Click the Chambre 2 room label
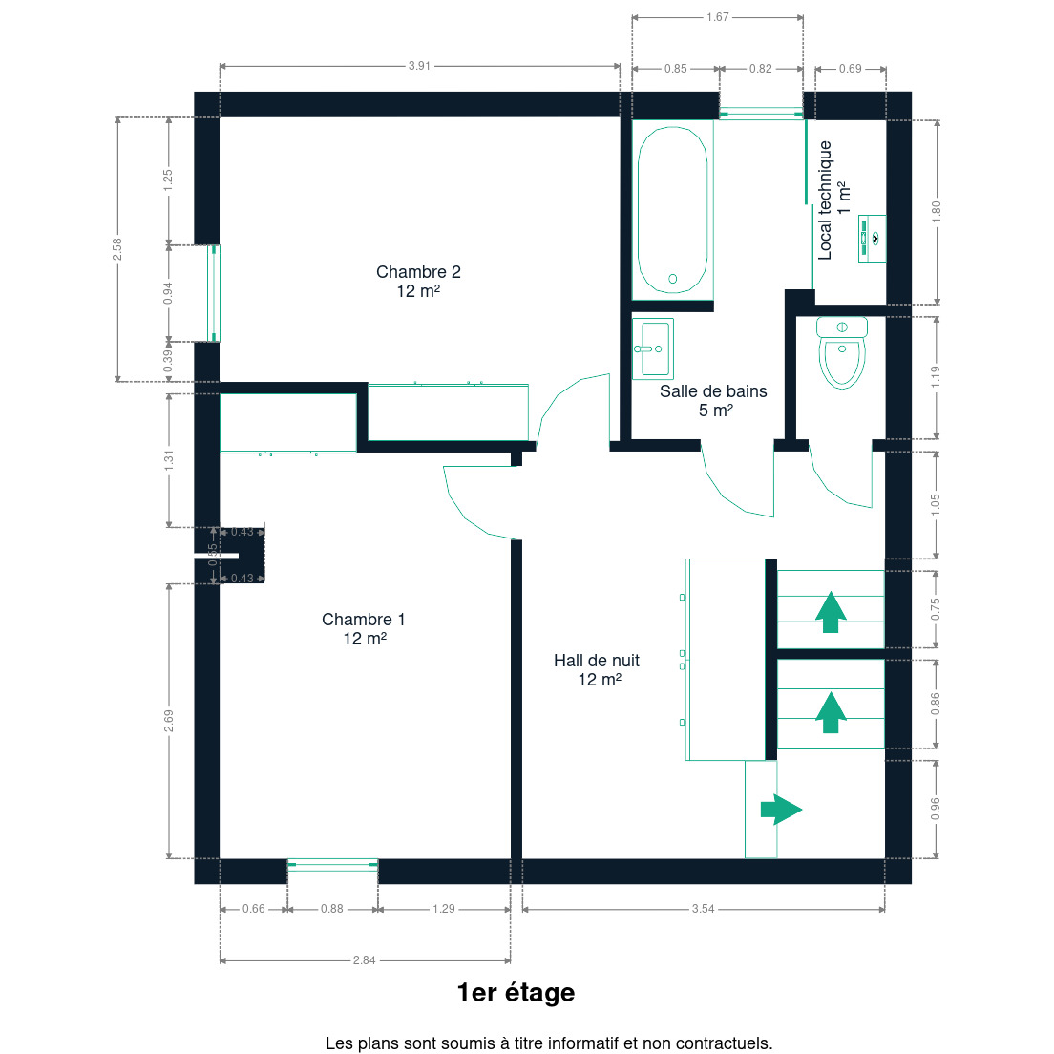point(418,281)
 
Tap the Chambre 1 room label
point(364,628)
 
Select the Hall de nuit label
point(597,669)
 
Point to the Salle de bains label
point(713,400)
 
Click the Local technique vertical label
point(833,200)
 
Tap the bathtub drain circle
point(673,278)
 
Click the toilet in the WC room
point(842,352)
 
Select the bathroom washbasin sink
point(653,348)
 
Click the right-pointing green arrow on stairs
point(781,810)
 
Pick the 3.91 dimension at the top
point(419,66)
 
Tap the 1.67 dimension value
point(717,17)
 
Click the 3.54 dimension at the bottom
point(703,909)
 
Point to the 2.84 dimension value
point(365,960)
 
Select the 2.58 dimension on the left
point(117,249)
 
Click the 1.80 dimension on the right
point(937,212)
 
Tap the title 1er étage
point(516,993)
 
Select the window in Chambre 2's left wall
point(214,293)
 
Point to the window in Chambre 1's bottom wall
point(333,865)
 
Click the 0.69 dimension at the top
point(851,69)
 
